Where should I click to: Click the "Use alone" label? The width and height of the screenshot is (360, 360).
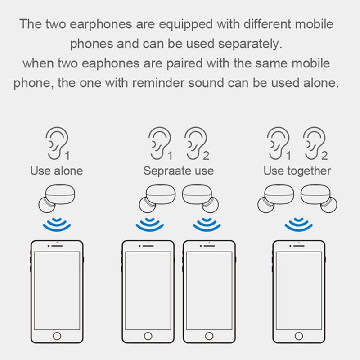(x=56, y=171)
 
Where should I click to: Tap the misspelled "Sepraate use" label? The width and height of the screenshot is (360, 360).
(x=179, y=171)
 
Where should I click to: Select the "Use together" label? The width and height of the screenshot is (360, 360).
(x=297, y=171)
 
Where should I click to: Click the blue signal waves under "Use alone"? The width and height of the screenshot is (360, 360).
(x=56, y=224)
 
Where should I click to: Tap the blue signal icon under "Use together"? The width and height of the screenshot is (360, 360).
(x=297, y=224)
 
